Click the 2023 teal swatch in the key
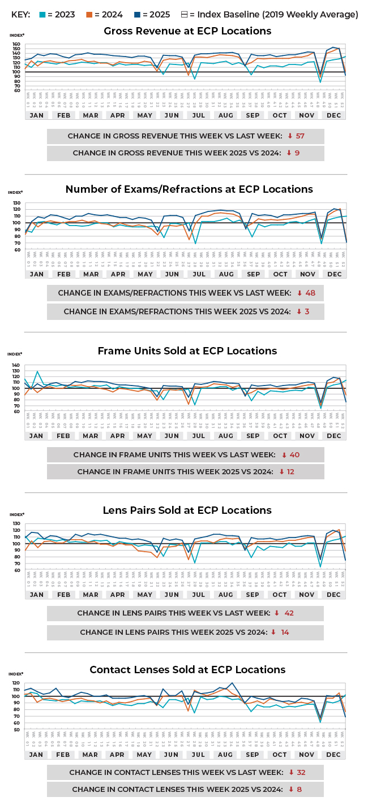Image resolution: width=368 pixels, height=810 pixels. (41, 14)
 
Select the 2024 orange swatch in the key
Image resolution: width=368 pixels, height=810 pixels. (89, 14)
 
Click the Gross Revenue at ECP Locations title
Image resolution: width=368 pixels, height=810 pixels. (187, 31)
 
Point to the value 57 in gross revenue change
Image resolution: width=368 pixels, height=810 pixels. (300, 136)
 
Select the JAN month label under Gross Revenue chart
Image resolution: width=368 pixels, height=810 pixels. (36, 115)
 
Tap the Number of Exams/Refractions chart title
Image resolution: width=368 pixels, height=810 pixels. (189, 189)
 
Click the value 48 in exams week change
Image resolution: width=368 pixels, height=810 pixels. (310, 293)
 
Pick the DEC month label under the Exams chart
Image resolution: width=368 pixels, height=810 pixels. (335, 274)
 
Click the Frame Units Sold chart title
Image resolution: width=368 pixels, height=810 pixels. (187, 351)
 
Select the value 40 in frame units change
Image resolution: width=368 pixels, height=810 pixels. (294, 454)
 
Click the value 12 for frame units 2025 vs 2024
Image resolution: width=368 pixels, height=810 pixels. (290, 471)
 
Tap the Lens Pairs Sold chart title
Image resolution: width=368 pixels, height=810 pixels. (187, 510)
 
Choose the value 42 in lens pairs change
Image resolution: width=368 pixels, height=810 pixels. (289, 613)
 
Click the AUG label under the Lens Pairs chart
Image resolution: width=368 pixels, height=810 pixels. (226, 595)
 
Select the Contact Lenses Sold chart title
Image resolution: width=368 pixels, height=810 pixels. (187, 670)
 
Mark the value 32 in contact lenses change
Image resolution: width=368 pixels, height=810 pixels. (301, 773)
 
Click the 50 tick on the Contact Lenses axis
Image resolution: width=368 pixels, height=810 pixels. (16, 730)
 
